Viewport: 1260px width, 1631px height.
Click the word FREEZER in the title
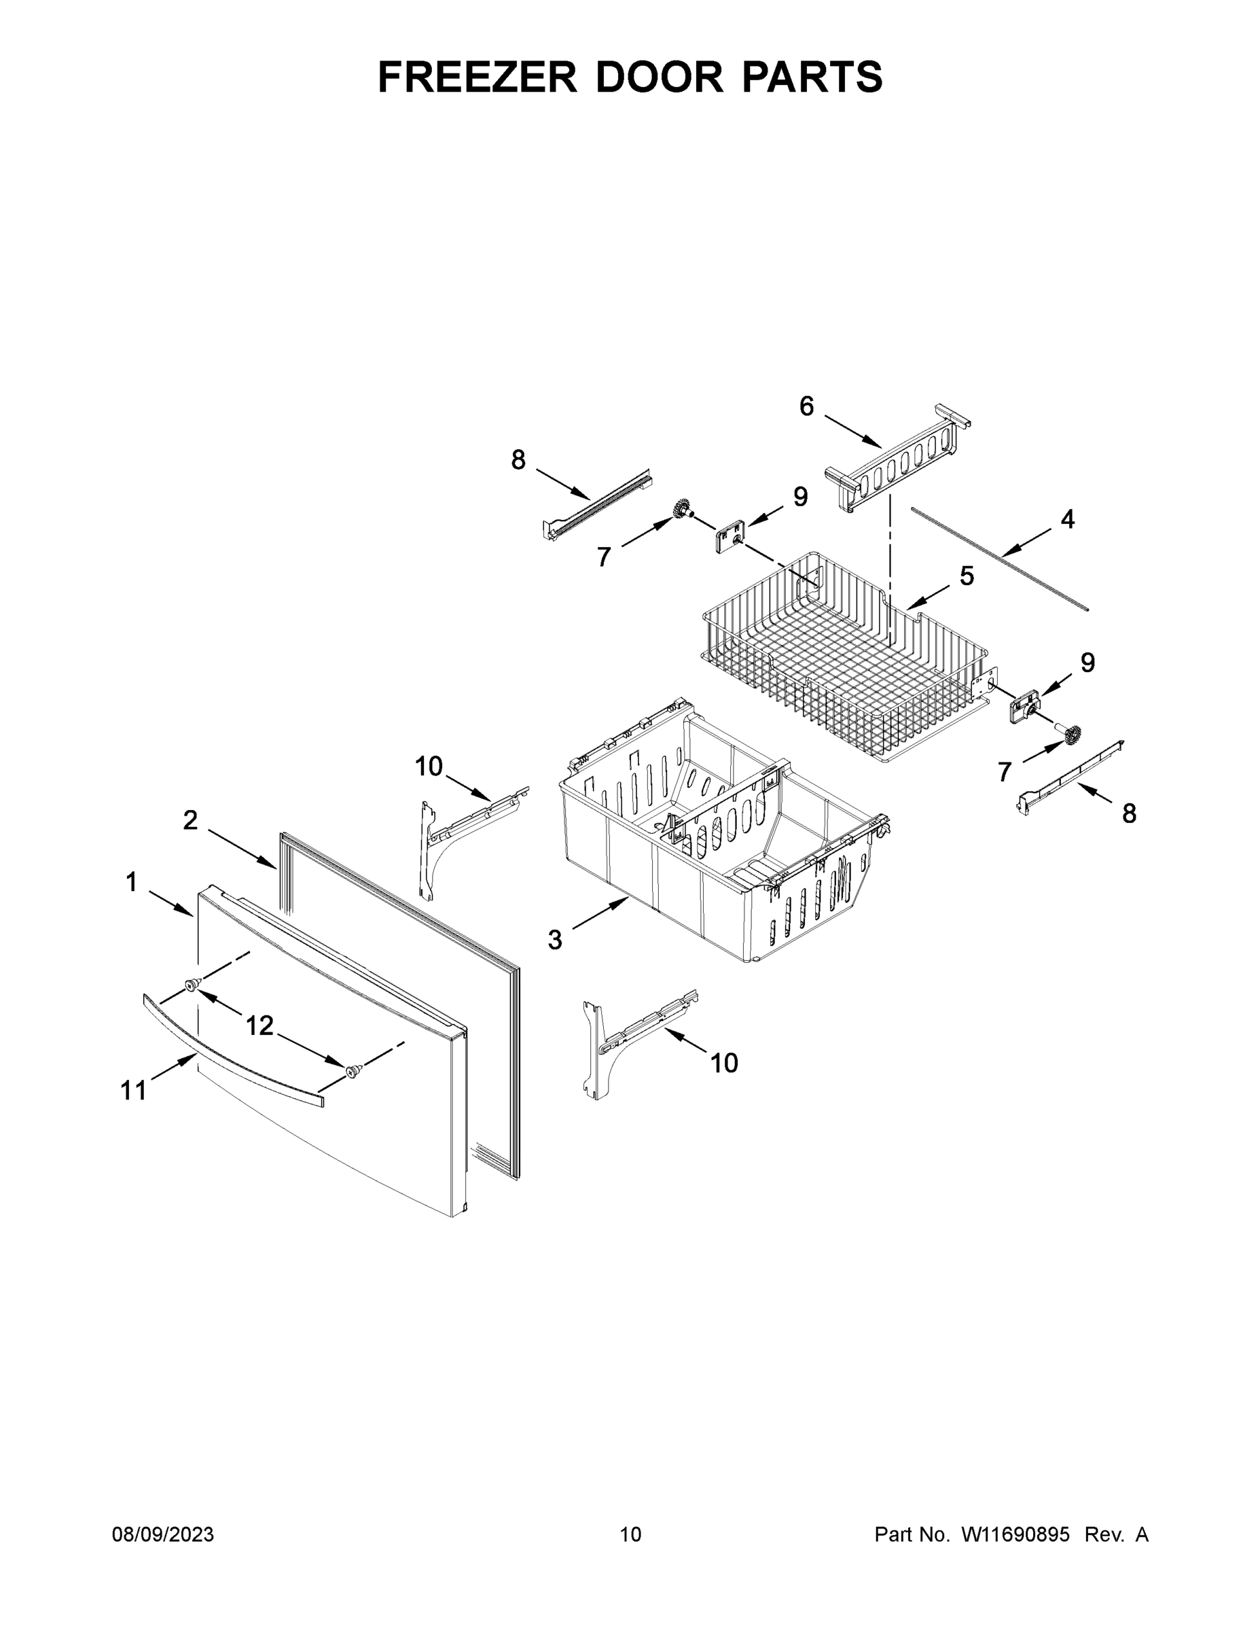click(477, 77)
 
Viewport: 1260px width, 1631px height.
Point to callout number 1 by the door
click(131, 883)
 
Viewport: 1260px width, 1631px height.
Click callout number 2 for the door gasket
click(190, 820)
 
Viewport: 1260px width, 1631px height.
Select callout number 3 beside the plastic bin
click(555, 939)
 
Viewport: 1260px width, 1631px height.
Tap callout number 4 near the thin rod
click(1067, 519)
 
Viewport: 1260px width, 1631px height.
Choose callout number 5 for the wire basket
click(967, 576)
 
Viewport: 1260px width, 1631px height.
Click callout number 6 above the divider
click(806, 406)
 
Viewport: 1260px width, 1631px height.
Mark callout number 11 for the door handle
click(134, 1091)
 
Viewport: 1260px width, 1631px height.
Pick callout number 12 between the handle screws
click(259, 1025)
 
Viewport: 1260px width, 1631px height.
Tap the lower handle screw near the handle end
click(352, 1072)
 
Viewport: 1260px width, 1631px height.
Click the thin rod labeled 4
click(1001, 559)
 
